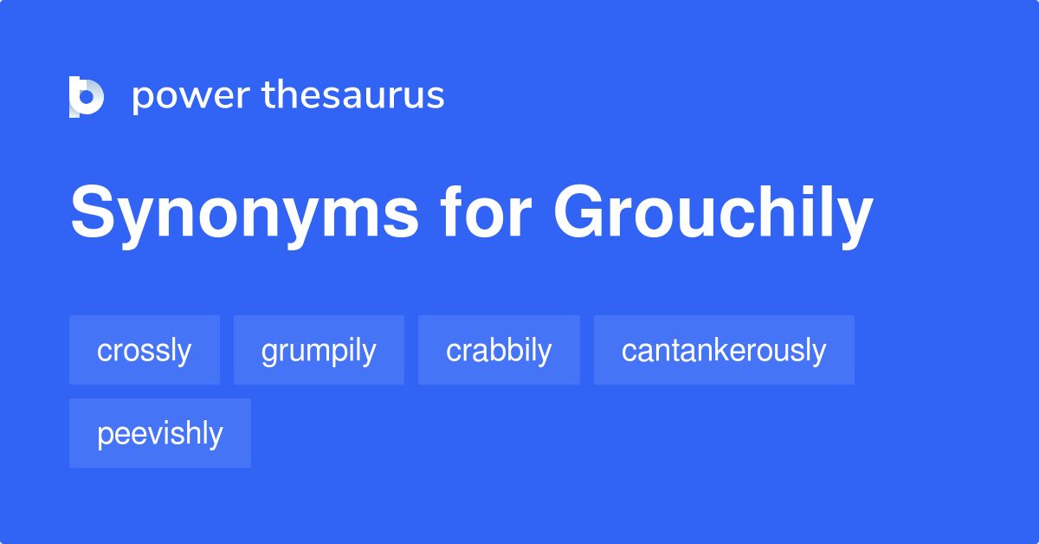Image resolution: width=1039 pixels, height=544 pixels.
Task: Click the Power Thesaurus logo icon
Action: [x=86, y=96]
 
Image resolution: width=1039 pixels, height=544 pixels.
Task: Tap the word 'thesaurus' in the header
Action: [x=353, y=95]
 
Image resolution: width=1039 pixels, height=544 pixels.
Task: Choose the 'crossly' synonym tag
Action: [x=145, y=350]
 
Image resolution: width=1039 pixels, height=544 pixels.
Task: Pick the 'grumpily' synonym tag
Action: [x=319, y=350]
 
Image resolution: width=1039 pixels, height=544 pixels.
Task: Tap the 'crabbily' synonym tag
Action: [x=499, y=350]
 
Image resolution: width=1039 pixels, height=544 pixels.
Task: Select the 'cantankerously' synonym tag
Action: [x=724, y=350]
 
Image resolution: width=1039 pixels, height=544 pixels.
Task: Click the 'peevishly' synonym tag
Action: [x=160, y=433]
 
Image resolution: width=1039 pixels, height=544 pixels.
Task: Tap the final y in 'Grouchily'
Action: [x=855, y=220]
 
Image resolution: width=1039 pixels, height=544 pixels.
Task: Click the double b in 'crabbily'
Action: [x=507, y=350]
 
